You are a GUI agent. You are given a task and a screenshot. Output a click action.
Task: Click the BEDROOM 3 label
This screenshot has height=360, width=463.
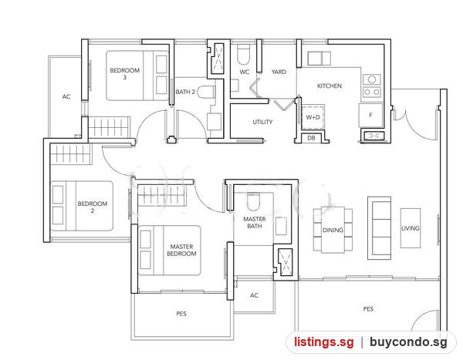pos(124,73)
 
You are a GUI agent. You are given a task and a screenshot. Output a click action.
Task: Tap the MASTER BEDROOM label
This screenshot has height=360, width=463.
pos(181,250)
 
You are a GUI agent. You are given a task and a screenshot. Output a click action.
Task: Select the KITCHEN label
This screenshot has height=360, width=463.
pos(330,86)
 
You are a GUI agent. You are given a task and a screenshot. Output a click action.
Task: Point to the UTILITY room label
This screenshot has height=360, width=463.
pos(262,122)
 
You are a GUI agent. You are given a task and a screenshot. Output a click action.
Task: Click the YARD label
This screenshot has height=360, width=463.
pos(279,72)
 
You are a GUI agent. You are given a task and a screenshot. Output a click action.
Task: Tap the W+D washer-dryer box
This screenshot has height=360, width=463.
pos(313,117)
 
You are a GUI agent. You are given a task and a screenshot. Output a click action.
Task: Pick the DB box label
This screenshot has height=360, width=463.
pos(311,138)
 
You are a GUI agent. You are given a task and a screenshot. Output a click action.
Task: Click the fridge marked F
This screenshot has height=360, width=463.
pos(371,115)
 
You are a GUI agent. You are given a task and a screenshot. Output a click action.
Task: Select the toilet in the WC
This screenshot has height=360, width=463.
pos(244,54)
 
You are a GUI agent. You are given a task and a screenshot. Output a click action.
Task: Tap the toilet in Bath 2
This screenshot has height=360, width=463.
pos(206,92)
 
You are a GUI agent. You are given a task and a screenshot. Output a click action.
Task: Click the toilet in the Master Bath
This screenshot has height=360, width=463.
pos(253,201)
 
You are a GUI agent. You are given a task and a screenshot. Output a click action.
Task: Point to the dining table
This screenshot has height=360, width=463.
pos(333,230)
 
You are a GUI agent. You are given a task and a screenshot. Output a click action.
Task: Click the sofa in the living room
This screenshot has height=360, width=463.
pos(379,228)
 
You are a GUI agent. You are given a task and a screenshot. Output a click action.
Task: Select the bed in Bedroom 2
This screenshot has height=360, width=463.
pos(82,206)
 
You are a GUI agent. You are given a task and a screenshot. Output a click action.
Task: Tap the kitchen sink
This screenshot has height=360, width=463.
pos(319,59)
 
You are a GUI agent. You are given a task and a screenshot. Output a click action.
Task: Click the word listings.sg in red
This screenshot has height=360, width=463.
pos(323,342)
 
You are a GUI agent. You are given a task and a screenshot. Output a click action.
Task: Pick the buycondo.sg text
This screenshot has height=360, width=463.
pos(408,342)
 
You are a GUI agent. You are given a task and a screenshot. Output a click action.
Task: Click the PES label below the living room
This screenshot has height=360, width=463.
pos(368,309)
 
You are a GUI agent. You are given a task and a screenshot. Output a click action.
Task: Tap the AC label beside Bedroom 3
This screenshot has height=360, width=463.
pos(66,96)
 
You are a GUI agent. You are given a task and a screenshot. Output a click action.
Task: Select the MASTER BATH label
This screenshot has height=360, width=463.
pos(254,223)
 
